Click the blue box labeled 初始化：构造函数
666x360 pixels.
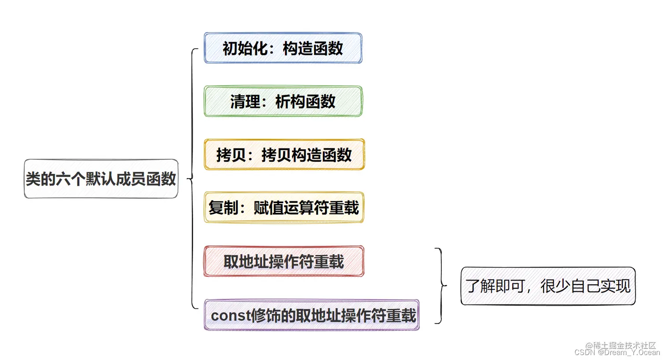click(x=283, y=48)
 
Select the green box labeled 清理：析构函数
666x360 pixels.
click(x=283, y=101)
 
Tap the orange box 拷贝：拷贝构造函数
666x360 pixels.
click(x=284, y=155)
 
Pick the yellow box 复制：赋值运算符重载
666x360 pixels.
click(x=284, y=208)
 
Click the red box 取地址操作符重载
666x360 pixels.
click(x=284, y=261)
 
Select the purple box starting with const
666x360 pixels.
click(x=312, y=315)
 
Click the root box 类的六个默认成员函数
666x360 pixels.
click(x=101, y=179)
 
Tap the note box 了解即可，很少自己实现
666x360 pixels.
click(x=548, y=286)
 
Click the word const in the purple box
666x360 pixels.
click(x=229, y=315)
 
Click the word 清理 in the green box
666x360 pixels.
click(x=245, y=102)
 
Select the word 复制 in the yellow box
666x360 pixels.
click(x=223, y=208)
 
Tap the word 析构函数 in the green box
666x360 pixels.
click(x=305, y=102)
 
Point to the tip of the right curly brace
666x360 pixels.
click(x=446, y=286)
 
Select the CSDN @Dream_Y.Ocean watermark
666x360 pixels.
click(x=617, y=353)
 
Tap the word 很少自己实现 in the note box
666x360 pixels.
click(x=585, y=286)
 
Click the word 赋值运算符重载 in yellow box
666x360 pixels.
click(x=306, y=208)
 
